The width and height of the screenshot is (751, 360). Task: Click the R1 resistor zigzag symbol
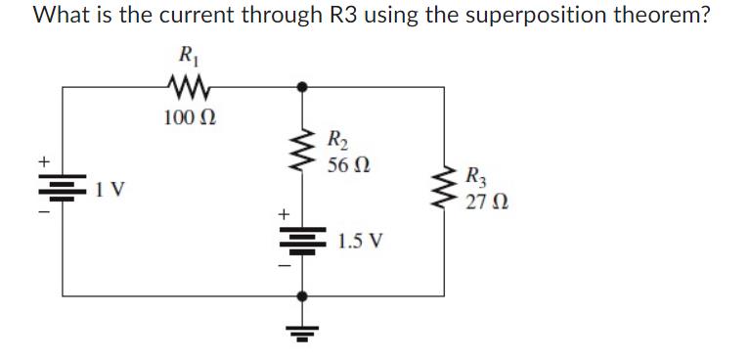pos(184,89)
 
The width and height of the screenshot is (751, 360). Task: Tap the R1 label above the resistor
pos(183,57)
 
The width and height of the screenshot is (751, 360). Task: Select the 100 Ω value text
pos(183,118)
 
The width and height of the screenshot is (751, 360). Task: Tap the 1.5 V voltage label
pos(359,240)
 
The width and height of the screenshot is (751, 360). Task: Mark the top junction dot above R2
pos(303,86)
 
